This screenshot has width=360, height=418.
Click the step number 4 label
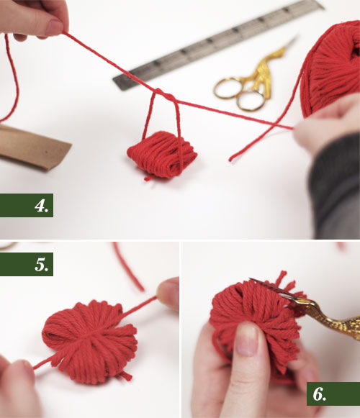coord(42,206)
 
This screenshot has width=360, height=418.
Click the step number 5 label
coord(42,265)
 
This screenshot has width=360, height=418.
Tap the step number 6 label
coord(320,394)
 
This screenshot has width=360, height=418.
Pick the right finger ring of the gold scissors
coord(251,101)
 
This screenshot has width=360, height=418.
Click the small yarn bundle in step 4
coord(162,154)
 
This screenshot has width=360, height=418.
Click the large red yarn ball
coord(332,68)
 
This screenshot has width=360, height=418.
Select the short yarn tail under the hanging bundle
coord(148,178)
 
